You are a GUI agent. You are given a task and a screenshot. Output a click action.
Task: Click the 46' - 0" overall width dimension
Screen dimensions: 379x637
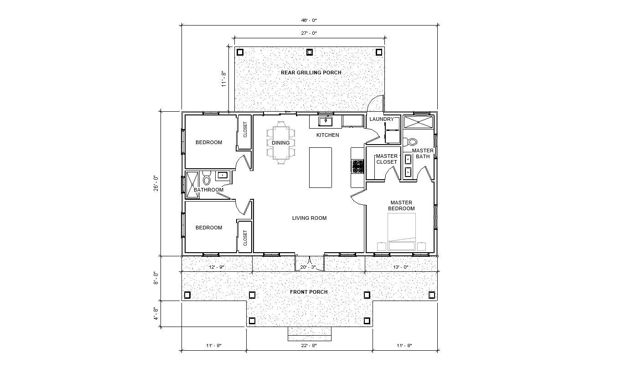(x=310, y=21)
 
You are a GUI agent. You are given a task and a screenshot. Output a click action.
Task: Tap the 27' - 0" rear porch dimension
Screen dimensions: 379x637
(x=310, y=33)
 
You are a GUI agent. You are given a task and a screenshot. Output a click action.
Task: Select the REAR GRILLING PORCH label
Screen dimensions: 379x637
(x=311, y=73)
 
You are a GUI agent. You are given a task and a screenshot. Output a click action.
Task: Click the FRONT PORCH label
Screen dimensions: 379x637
(x=309, y=292)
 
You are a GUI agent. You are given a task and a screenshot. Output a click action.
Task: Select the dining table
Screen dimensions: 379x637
(x=281, y=143)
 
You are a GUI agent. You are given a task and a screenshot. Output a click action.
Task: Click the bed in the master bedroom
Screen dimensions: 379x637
(x=402, y=230)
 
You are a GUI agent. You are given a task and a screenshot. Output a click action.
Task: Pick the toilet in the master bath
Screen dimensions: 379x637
(x=412, y=142)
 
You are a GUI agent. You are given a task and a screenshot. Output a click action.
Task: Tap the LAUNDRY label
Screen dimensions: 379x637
(x=382, y=119)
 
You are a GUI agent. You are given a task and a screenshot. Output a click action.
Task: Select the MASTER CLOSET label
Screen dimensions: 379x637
(x=387, y=159)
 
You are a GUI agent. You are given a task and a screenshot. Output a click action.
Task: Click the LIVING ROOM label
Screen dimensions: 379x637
(x=309, y=218)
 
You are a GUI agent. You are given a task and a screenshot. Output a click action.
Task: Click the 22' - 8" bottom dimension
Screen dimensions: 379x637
(x=309, y=346)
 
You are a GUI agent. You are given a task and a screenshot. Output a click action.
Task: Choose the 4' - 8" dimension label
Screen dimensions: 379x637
(x=155, y=314)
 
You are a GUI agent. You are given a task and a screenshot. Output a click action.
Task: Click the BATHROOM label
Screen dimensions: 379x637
(x=208, y=190)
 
